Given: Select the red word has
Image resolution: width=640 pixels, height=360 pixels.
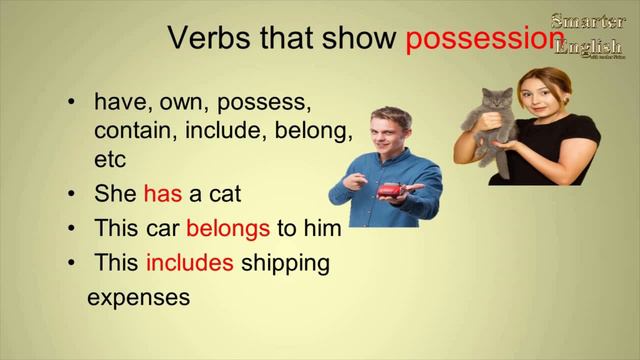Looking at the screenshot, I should pyautogui.click(x=163, y=194).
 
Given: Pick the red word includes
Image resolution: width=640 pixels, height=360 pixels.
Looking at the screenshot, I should pyautogui.click(x=190, y=263).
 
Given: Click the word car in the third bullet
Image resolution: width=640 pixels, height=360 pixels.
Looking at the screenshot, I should pyautogui.click(x=162, y=228).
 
